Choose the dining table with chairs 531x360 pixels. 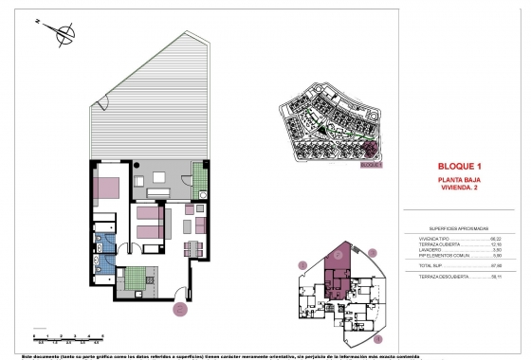(x=192, y=248)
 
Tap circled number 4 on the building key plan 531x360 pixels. (x=377, y=336)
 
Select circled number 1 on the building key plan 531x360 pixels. (x=303, y=265)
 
